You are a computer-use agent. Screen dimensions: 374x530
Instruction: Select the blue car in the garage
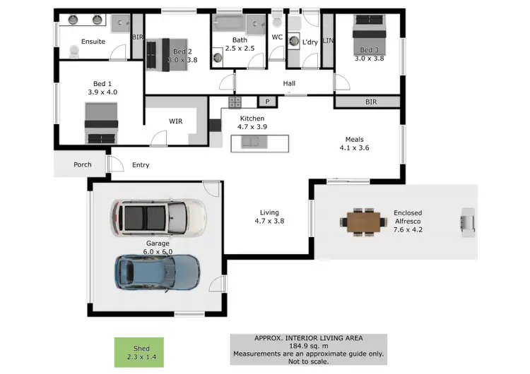point(158,272)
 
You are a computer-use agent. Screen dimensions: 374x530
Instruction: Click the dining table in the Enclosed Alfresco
point(363,222)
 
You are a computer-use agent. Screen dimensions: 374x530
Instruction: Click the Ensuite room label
point(93,42)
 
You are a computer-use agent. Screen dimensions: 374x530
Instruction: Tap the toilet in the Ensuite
point(74,51)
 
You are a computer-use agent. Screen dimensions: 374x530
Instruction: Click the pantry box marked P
point(268,101)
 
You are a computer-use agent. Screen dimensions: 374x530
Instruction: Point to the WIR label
point(176,121)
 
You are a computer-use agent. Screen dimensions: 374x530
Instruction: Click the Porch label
point(83,165)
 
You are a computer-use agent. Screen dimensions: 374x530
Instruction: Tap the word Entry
point(141,165)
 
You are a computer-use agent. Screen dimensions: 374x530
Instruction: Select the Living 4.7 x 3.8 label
point(269,217)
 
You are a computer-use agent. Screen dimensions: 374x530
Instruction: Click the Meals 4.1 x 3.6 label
point(354,143)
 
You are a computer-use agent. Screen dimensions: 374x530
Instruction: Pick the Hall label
point(289,83)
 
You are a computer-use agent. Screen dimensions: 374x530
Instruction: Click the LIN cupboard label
point(327,42)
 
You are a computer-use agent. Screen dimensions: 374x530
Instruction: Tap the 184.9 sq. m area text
point(308,346)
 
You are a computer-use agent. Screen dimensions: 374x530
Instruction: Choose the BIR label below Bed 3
point(370,102)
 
